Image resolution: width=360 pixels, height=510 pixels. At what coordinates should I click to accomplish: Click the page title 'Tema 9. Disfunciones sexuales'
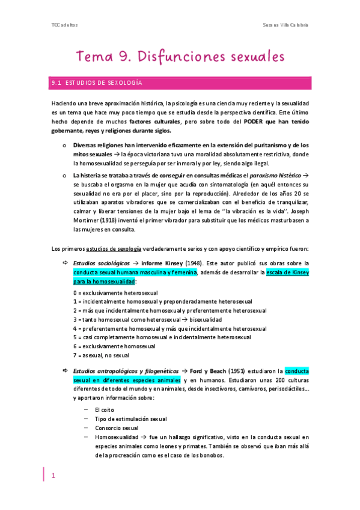pos(180,57)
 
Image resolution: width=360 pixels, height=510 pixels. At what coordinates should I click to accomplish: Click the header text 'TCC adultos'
pos(64,25)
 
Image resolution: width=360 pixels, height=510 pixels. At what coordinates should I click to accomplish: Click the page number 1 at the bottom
pos(53,476)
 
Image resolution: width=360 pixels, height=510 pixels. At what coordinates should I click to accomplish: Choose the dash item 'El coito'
pos(105,409)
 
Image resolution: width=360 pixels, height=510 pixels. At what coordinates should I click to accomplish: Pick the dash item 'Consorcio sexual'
pos(116,428)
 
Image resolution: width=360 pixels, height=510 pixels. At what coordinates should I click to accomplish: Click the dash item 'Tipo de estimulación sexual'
pos(130,419)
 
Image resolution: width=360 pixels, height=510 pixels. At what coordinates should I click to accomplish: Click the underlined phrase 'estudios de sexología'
pos(114,248)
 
